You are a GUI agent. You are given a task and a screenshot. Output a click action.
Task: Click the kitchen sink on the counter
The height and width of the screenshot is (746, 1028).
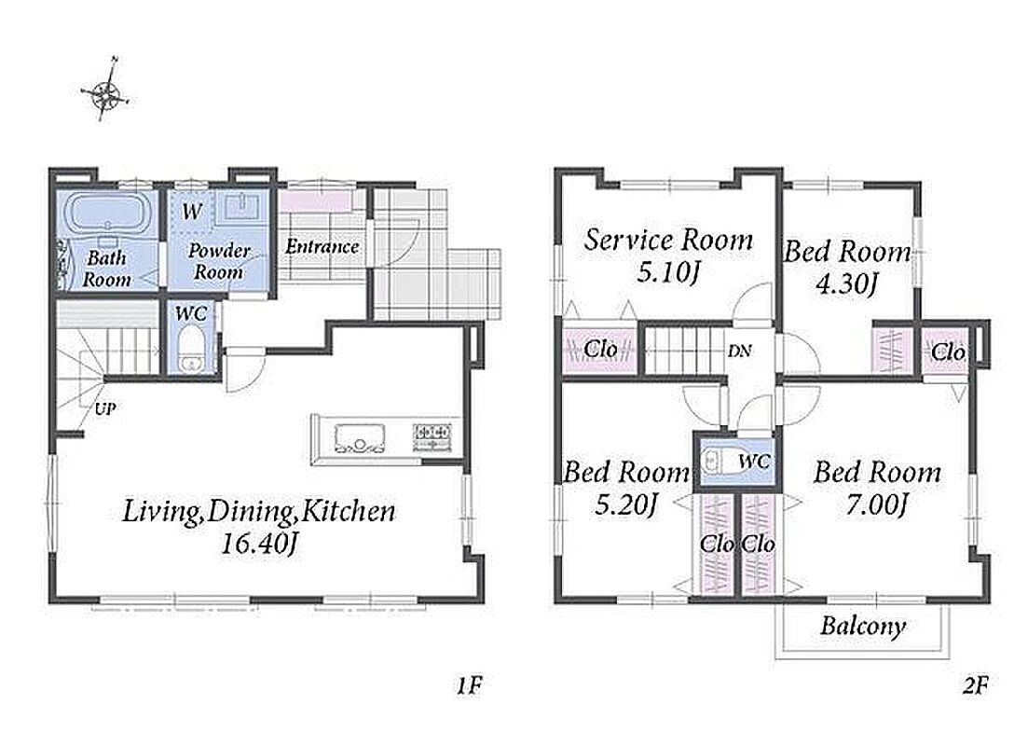coord(359,438)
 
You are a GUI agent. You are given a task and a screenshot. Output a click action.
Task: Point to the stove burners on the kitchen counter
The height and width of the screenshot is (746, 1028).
coord(432,437)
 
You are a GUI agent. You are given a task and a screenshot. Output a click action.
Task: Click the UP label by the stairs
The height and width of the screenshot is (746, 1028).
coord(105,409)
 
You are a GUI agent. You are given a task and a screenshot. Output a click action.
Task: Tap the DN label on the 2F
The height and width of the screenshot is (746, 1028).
coord(739,352)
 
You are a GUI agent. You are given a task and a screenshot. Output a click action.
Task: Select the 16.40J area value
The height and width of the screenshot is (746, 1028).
coord(260,544)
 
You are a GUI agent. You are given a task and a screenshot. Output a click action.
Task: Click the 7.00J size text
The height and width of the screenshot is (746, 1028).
coord(877,504)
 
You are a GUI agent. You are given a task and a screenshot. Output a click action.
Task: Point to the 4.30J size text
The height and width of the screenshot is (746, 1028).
coord(846,283)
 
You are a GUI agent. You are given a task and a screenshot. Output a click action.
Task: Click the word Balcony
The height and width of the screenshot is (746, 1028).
coord(863,626)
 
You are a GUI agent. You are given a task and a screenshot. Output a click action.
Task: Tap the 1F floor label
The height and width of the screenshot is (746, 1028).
coord(470,685)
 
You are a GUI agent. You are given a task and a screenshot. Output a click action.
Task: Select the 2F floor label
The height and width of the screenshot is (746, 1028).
coord(975,685)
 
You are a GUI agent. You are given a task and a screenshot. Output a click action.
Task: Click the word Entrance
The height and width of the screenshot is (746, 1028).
coord(322,247)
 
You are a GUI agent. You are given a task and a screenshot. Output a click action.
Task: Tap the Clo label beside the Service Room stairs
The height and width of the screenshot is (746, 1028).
coord(600,349)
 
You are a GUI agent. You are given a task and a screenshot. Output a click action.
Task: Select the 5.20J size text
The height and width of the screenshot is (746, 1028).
coord(626,504)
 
